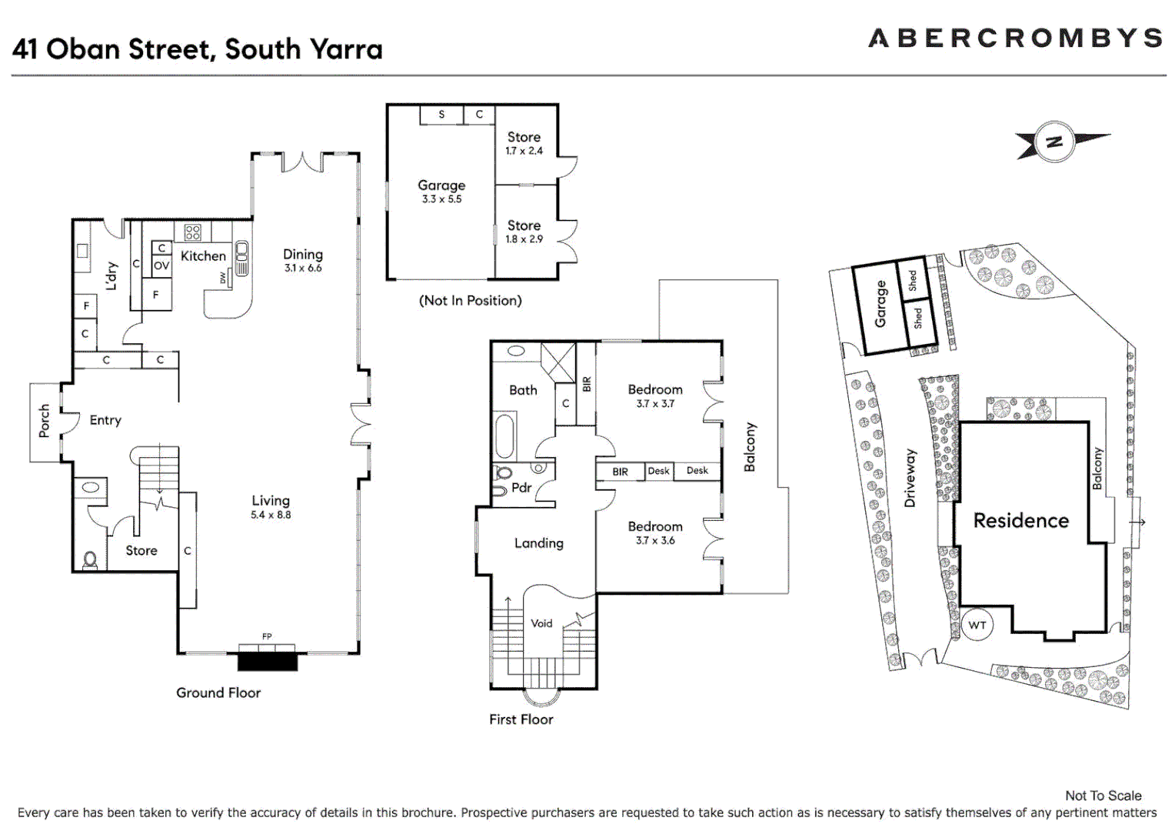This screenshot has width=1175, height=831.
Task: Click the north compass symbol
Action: tap(1054, 142)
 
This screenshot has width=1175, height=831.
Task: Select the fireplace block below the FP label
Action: tap(267, 660)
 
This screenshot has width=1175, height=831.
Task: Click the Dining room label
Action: tap(302, 254)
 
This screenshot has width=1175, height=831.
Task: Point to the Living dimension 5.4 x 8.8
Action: tap(271, 515)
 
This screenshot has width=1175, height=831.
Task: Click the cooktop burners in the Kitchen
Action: tap(192, 232)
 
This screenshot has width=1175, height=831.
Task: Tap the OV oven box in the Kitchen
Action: tap(161, 265)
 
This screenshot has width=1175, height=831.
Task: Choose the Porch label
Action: tap(45, 421)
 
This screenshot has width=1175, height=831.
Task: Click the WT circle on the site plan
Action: tap(977, 625)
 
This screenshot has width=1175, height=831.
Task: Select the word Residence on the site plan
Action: tap(1020, 521)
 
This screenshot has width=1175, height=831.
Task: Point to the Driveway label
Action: tap(910, 478)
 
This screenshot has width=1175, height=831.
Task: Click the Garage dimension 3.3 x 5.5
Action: tap(441, 199)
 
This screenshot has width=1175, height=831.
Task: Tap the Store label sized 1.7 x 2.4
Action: tap(524, 137)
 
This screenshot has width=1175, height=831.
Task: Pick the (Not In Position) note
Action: tap(470, 301)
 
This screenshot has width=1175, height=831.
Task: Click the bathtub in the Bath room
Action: tap(504, 436)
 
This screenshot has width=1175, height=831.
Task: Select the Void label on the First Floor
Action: tap(541, 623)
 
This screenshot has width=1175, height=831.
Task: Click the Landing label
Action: tap(538, 543)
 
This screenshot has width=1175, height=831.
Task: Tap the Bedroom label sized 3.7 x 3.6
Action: tap(654, 526)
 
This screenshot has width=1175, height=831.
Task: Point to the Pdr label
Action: tap(521, 488)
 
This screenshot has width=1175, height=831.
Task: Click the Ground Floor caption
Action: tap(218, 692)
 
